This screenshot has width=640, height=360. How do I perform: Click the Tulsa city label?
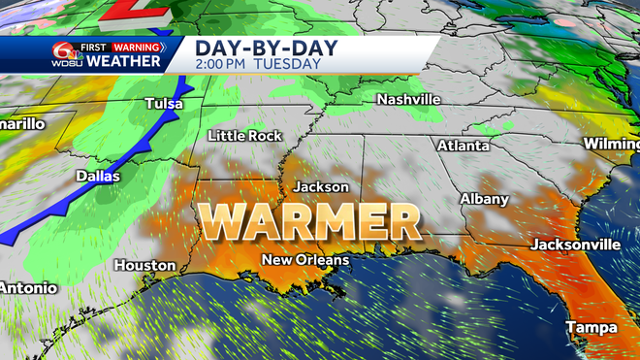tap(164, 103)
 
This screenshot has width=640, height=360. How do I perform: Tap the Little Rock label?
tap(244, 136)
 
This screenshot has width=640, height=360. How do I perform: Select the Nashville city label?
tap(408, 100)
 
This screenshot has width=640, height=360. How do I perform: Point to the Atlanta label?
tap(463, 146)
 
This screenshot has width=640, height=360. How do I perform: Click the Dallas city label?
tap(98, 177)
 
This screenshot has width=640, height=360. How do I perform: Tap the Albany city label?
tap(484, 199)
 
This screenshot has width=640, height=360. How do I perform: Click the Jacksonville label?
tap(574, 244)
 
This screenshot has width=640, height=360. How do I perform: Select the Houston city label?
tap(144, 265)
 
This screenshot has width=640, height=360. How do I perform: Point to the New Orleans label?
tap(304, 260)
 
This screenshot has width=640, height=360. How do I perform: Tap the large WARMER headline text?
tap(309, 222)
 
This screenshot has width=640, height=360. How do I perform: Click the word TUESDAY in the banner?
tap(288, 64)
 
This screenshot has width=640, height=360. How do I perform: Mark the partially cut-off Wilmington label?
tap(612, 144)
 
